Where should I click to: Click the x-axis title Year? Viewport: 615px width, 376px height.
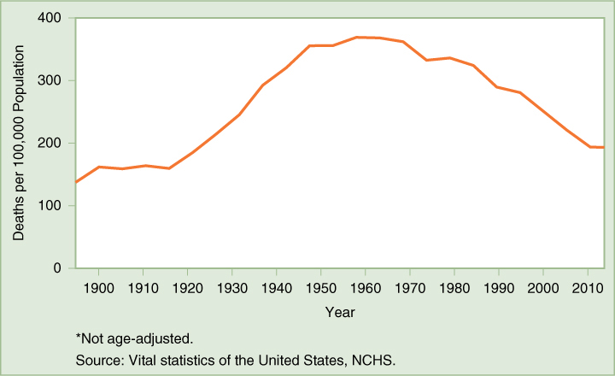click(x=339, y=313)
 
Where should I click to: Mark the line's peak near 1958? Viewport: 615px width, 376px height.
click(x=357, y=37)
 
